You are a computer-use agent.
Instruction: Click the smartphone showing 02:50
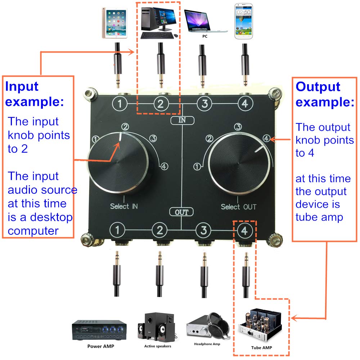coord(245,21)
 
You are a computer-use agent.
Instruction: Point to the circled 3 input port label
coord(204,104)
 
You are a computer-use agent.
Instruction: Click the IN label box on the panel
coord(182,120)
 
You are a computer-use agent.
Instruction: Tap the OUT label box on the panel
coord(182,212)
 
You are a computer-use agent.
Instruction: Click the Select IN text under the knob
coord(124,206)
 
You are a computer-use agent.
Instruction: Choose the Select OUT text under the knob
coord(238,207)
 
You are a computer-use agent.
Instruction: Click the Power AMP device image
coord(99,330)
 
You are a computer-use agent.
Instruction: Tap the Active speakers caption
coord(158,346)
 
